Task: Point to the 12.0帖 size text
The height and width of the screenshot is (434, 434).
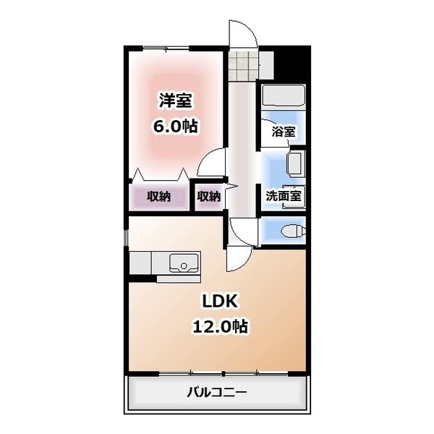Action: (x=219, y=326)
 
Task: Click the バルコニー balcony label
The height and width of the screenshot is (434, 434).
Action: (x=217, y=393)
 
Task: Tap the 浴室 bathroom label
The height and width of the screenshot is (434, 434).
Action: (x=283, y=132)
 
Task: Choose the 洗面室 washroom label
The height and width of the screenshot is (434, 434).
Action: (x=283, y=195)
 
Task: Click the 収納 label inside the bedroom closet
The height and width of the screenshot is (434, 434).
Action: (x=159, y=196)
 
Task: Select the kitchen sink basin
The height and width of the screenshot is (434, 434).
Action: (x=184, y=263)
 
